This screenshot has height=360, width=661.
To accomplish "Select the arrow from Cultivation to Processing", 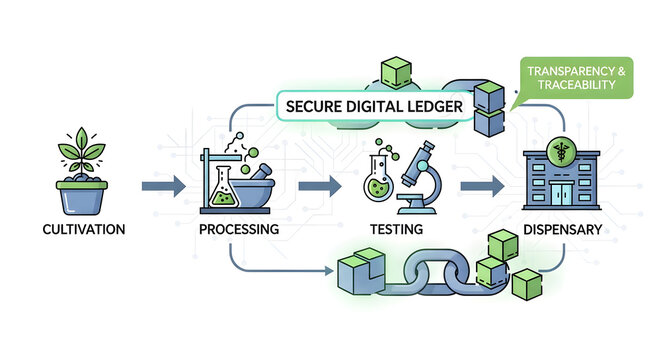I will coord(163,185).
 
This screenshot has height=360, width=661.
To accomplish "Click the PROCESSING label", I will coord(239,230).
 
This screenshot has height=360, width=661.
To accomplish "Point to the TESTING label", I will coord(395,230).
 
